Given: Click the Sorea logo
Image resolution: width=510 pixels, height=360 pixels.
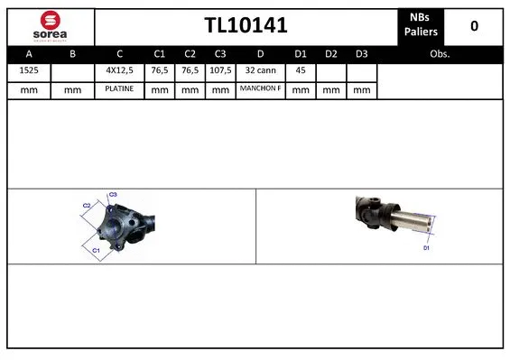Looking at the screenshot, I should click(49, 25).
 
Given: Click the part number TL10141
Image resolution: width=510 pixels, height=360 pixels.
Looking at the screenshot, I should click(246, 26).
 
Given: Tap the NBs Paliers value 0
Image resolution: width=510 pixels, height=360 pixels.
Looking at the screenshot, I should click(474, 26).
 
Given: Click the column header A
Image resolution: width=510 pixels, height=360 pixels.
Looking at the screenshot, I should click(29, 53).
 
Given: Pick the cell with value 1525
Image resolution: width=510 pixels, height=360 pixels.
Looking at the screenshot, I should click(29, 71).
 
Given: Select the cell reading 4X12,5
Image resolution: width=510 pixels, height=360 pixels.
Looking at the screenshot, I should click(119, 71).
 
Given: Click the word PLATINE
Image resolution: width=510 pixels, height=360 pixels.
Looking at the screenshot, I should click(119, 89).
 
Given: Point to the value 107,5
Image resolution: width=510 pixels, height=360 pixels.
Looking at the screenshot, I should click(219, 71).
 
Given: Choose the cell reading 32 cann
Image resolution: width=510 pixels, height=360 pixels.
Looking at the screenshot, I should click(260, 71).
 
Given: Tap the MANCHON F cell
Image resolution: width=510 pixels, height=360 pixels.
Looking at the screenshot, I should click(260, 89).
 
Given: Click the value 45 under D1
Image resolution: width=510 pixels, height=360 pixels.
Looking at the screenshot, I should click(301, 71).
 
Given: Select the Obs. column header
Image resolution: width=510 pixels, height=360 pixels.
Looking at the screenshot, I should click(440, 53).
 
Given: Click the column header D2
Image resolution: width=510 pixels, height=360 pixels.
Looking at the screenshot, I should click(331, 53).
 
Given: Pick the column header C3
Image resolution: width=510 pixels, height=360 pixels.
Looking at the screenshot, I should click(219, 53).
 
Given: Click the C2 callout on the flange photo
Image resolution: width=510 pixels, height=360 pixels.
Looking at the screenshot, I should click(87, 206).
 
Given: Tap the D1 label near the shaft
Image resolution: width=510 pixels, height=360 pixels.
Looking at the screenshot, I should click(427, 246).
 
